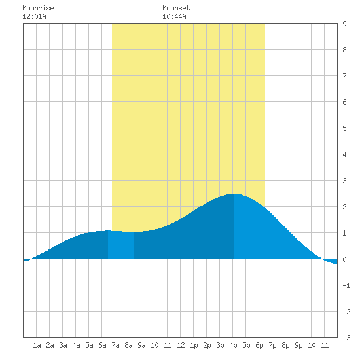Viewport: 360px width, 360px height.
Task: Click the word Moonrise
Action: (38, 8)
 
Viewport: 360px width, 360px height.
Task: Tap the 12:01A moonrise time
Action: (34, 16)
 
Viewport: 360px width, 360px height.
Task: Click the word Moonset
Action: (176, 8)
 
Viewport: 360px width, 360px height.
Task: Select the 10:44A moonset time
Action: (174, 16)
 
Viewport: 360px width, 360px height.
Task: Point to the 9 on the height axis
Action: (344, 24)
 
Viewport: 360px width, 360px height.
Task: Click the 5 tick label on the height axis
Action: (344, 128)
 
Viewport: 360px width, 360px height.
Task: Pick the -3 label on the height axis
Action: (346, 338)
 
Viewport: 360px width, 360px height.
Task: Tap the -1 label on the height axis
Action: (346, 285)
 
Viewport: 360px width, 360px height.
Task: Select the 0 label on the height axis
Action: (344, 259)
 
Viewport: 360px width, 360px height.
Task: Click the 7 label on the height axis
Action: (344, 76)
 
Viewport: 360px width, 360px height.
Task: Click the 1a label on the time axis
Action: (37, 345)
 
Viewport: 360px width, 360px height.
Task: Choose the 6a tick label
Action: (102, 345)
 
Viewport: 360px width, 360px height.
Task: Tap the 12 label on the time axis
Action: (181, 345)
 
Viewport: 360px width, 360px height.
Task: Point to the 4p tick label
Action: (233, 345)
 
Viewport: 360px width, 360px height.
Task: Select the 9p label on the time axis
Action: (298, 345)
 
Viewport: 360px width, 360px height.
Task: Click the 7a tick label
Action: (115, 345)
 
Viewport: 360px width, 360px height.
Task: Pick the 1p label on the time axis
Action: (194, 345)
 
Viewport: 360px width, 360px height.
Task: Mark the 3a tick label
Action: (63, 345)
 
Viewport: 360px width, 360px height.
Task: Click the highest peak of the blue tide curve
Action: (234, 194)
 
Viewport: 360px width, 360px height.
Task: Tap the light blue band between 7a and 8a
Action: (121, 245)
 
